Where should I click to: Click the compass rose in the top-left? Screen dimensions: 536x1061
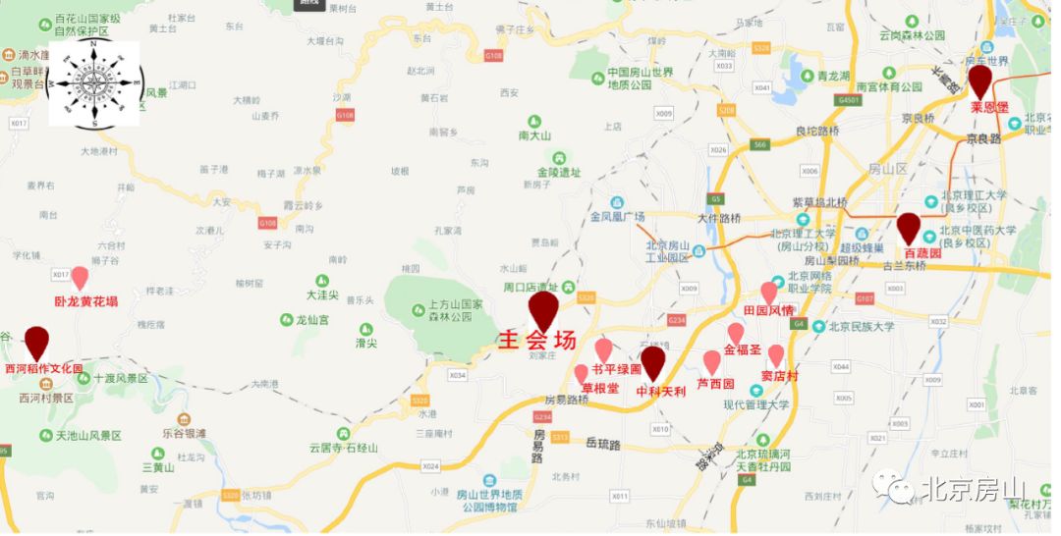93,84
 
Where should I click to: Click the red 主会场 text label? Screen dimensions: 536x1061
536,341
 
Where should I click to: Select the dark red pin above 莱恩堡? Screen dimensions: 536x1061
979,80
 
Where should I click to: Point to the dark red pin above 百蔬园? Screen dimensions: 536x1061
909,228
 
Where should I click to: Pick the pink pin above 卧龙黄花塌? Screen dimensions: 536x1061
80,279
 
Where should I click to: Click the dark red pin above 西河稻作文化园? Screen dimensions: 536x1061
37,343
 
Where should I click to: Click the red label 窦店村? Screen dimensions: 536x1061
779,375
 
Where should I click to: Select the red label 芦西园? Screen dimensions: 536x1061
715,384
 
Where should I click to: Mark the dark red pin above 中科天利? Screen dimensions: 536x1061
652,362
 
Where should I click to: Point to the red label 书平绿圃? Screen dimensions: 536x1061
616,370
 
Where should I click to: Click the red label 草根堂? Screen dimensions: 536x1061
600,389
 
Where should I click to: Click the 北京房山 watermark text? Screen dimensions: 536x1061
973,489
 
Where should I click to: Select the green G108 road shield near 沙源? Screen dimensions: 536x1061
345,116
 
